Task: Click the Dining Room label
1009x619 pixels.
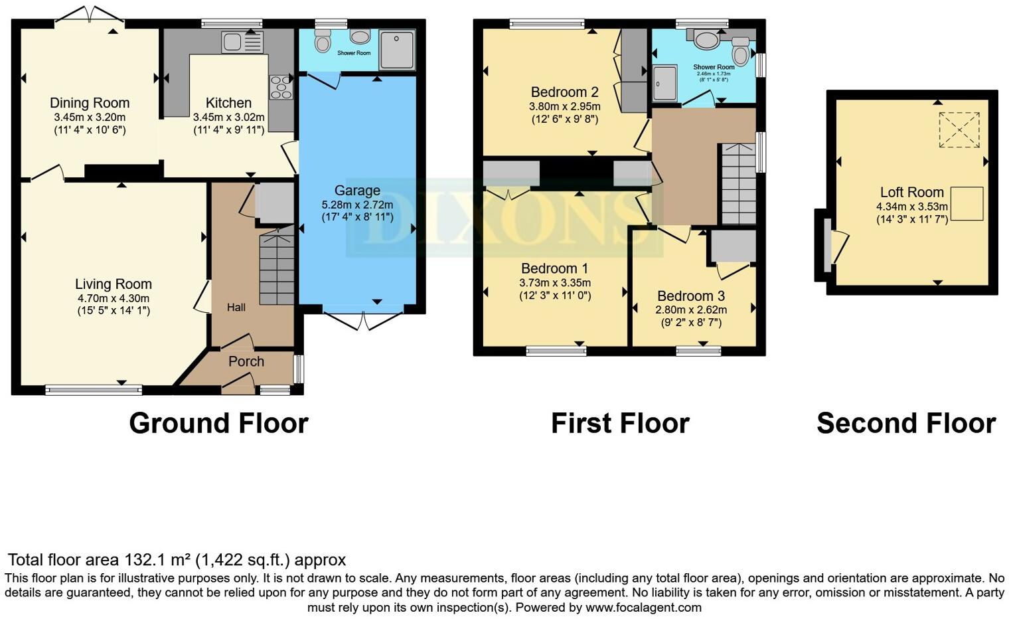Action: (x=90, y=103)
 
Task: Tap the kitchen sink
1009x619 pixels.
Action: (x=232, y=42)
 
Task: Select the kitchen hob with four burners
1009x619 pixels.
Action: (x=280, y=87)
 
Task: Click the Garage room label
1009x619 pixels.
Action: (x=357, y=191)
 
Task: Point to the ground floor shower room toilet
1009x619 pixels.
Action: (x=323, y=43)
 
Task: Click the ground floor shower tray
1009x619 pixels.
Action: (x=397, y=50)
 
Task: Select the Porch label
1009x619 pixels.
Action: (x=246, y=361)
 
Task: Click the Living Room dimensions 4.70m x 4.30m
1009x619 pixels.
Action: (x=114, y=298)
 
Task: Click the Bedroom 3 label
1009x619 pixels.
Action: (x=691, y=296)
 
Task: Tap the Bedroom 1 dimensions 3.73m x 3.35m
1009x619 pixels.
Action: (x=555, y=282)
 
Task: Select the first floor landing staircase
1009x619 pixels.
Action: (x=738, y=184)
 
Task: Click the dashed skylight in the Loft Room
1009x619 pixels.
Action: (x=959, y=130)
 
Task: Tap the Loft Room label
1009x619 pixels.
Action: (x=911, y=193)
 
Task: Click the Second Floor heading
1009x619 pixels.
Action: (x=905, y=423)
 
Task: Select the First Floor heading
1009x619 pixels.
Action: (x=620, y=423)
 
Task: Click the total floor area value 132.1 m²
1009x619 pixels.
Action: (x=159, y=560)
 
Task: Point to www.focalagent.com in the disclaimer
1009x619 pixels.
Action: (x=643, y=607)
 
